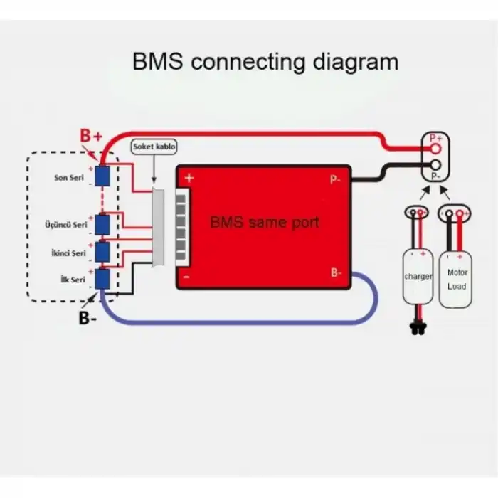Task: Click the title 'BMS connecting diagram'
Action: click(x=265, y=62)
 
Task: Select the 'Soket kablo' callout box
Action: click(x=154, y=146)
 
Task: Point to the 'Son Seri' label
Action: click(x=70, y=177)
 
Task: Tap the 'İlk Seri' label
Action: click(x=73, y=280)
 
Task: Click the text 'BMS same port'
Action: click(x=264, y=222)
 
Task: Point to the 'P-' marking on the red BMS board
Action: click(x=335, y=180)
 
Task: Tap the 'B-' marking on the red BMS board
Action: click(x=337, y=272)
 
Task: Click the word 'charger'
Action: click(x=418, y=276)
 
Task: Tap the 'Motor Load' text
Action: click(x=457, y=279)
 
